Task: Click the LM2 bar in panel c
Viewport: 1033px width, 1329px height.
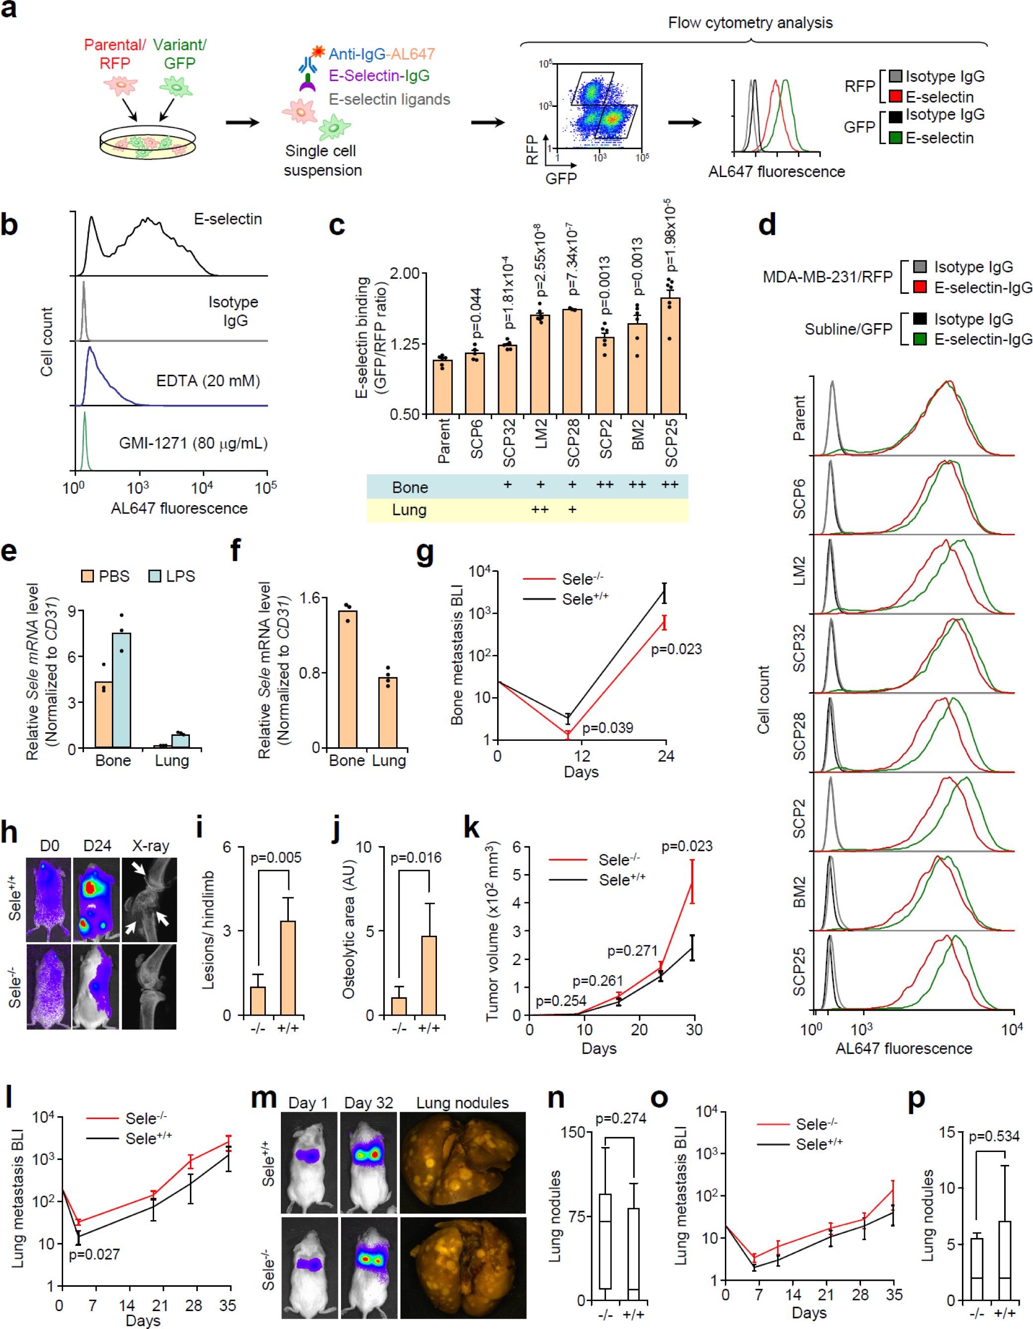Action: click(x=540, y=364)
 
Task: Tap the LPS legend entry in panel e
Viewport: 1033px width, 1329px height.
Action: click(x=172, y=576)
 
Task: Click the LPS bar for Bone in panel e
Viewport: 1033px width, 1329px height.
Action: click(x=121, y=690)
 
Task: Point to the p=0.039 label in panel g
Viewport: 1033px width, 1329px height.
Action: click(x=607, y=728)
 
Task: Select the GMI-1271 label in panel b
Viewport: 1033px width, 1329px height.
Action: click(x=193, y=443)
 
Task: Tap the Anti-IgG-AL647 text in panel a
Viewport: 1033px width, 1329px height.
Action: click(x=381, y=54)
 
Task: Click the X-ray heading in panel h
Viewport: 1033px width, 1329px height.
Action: click(x=150, y=845)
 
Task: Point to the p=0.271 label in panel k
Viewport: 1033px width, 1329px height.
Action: click(x=632, y=951)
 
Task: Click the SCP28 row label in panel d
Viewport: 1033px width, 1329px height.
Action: click(x=799, y=736)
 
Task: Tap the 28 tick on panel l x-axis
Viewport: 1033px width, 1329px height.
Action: click(x=193, y=1305)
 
